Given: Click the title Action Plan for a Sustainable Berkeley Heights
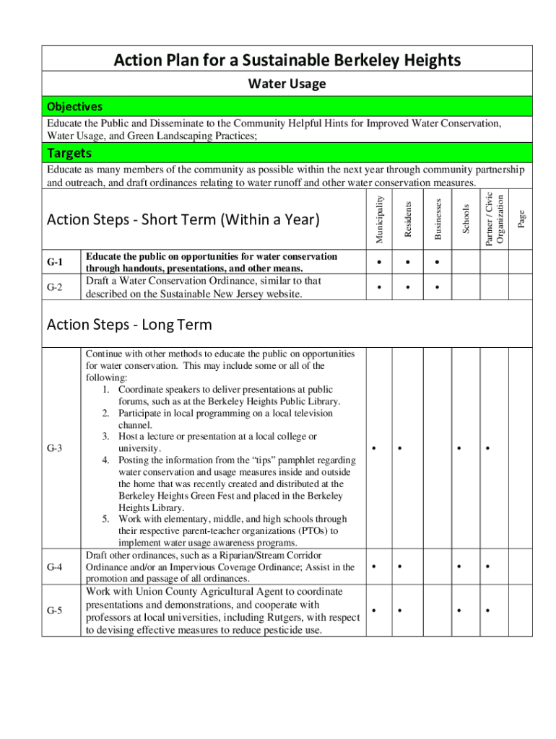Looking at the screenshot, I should pos(287,60).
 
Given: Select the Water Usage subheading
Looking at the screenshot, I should pos(287,84).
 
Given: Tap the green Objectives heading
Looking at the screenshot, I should pos(74,107).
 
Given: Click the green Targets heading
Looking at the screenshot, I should pos(69,153).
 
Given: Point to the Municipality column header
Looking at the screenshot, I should pos(380,215).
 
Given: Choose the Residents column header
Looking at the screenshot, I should pos(408,218).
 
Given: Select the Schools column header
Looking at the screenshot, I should pos(466,219).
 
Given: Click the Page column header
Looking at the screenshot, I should pos(521,218).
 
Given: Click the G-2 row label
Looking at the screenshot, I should pos(55,287).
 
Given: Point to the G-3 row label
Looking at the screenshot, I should pos(55,448).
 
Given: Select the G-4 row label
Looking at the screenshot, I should pos(55,567).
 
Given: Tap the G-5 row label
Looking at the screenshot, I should pos(55,611).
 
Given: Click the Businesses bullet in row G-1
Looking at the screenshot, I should pos(436,262).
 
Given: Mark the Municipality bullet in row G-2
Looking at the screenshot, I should pos(379,288).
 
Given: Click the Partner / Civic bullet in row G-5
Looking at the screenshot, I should pos(488,611).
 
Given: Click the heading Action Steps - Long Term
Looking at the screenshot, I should pos(129,325).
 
